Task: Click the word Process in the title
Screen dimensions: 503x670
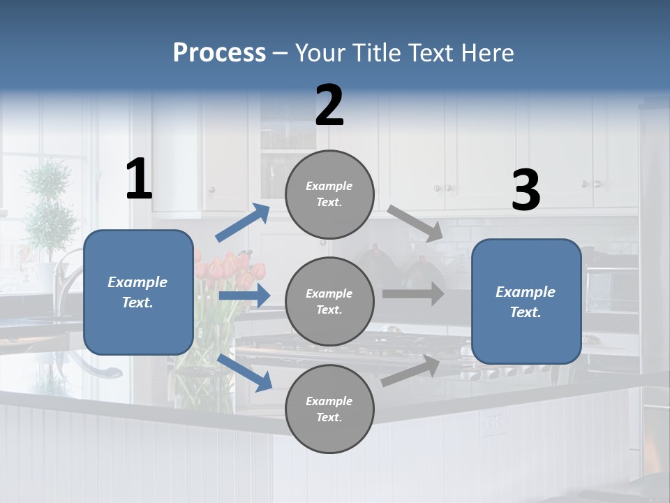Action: click(x=219, y=53)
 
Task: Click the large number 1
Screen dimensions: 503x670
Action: click(x=139, y=180)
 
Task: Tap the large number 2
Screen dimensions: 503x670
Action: click(x=329, y=105)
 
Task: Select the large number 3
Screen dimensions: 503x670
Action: click(x=526, y=191)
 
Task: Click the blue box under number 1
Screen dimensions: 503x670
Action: click(x=138, y=292)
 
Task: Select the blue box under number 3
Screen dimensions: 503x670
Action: click(x=526, y=302)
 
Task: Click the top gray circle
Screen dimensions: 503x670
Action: click(x=329, y=194)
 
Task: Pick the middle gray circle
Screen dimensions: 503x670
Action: click(x=329, y=302)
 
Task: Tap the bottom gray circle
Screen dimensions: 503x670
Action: click(x=329, y=409)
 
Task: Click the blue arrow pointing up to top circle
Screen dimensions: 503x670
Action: click(x=243, y=223)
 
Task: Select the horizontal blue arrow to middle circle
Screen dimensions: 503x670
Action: click(x=244, y=296)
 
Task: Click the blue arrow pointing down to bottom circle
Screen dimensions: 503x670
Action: click(x=245, y=372)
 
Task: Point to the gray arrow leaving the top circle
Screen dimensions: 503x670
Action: click(x=415, y=224)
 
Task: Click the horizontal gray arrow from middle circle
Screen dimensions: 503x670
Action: click(x=413, y=293)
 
